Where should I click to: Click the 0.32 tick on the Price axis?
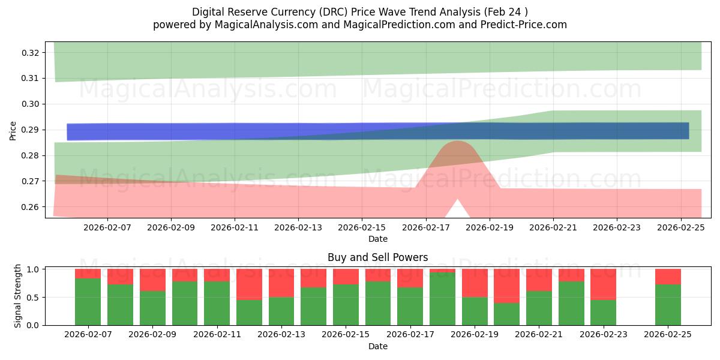[31, 53]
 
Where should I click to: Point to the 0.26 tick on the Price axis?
[31, 207]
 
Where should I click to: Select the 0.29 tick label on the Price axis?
[31, 130]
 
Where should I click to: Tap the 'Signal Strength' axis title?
[18, 296]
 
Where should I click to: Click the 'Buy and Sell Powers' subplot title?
[377, 257]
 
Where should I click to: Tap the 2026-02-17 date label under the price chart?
[425, 228]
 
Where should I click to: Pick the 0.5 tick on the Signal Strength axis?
[34, 297]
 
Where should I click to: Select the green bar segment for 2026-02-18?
[442, 299]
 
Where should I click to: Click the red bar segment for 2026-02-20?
[506, 286]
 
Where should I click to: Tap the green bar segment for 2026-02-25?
[668, 305]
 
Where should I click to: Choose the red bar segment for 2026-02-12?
[249, 284]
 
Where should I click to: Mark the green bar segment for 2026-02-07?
[88, 302]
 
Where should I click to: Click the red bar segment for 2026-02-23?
[603, 284]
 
